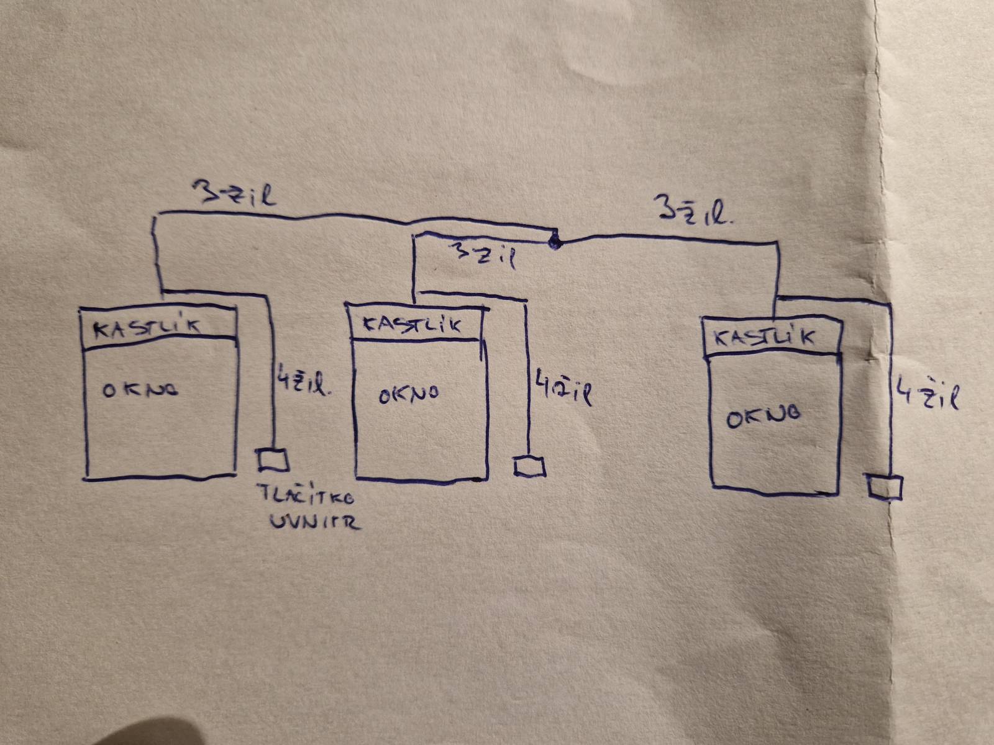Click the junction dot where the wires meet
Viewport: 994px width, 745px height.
(x=555, y=243)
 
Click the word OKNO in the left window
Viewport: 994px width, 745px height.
(x=140, y=389)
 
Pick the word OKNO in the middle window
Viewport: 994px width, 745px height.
(x=409, y=394)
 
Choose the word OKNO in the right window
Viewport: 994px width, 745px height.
(x=764, y=417)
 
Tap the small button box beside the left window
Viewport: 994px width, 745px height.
(x=273, y=459)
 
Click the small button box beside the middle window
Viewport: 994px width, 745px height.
(x=529, y=466)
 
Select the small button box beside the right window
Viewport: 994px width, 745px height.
(x=885, y=487)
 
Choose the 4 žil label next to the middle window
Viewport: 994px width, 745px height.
(x=563, y=387)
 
